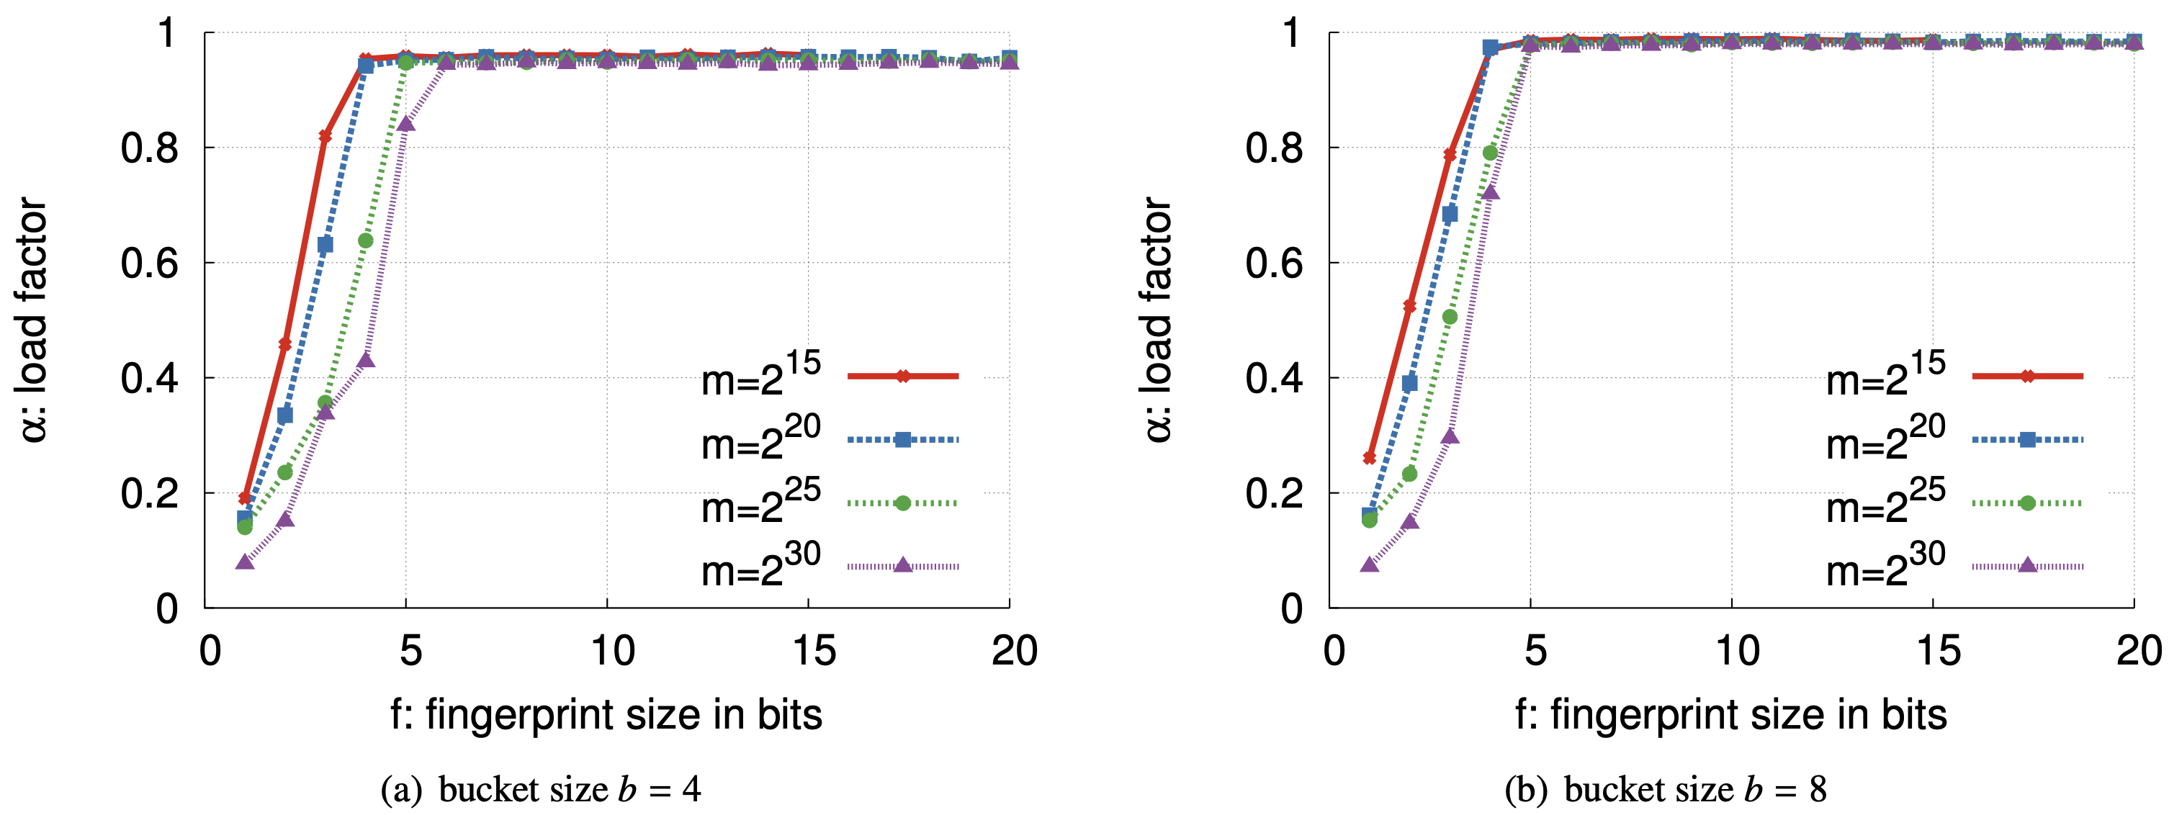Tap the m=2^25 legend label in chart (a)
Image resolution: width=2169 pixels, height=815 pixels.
point(760,503)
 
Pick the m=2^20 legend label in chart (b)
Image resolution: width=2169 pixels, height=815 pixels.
point(1885,439)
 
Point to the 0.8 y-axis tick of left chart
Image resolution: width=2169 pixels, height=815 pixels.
point(149,148)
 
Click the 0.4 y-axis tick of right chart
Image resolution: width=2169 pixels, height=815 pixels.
point(1274,378)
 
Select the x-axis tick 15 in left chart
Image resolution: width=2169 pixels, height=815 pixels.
point(814,651)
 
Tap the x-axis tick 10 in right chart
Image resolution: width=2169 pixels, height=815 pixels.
point(1736,651)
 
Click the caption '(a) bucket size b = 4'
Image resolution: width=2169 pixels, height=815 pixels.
point(541,790)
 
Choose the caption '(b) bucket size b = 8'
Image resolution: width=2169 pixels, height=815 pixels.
point(1665,790)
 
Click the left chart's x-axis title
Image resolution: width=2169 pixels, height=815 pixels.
point(606,715)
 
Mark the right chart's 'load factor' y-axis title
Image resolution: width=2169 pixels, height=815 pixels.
point(1159,320)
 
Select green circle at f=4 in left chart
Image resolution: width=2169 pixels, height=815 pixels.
point(365,240)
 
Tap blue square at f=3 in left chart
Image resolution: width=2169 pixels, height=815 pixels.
point(325,245)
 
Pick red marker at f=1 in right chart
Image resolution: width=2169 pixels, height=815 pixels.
point(1369,458)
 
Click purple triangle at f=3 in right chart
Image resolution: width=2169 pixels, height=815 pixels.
point(1450,436)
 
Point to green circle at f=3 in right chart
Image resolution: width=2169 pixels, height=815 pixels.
point(1450,318)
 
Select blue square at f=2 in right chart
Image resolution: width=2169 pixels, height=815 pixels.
point(1409,384)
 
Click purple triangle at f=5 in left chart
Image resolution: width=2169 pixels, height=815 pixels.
point(406,124)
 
